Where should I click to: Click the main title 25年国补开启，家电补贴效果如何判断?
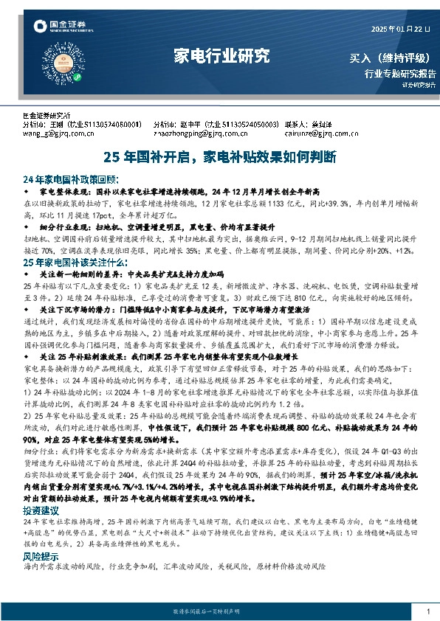(220, 156)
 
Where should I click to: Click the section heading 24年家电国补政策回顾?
(70, 179)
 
